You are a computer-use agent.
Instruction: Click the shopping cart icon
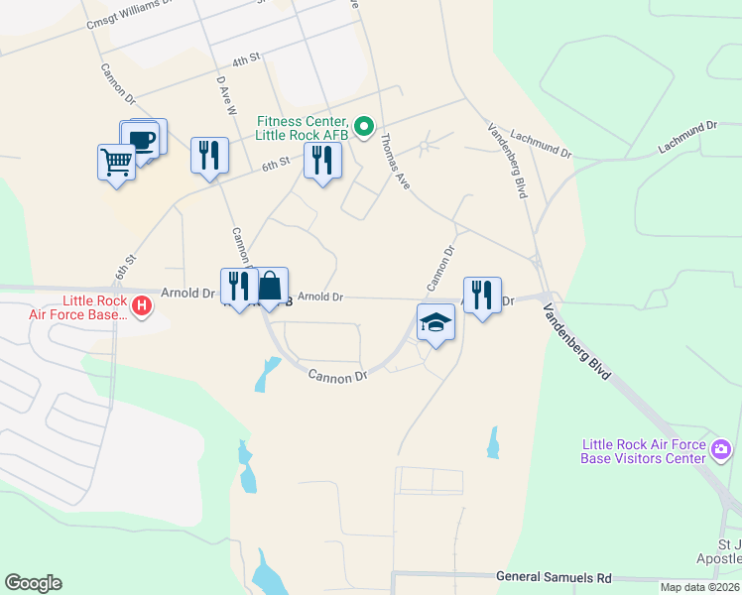116,162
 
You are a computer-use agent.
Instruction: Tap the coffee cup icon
142,140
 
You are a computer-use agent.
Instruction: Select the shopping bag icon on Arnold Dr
270,287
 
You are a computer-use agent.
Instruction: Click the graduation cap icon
434,323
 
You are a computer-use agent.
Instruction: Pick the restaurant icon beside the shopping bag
238,287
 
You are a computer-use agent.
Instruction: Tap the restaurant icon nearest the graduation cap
481,295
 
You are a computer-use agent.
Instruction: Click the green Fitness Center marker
364,126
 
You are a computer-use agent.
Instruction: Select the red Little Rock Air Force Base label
95,307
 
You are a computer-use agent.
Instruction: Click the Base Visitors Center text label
645,451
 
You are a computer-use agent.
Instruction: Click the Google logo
33,583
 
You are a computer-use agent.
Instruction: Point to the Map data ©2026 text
699,587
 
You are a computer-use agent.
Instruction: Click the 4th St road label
245,61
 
